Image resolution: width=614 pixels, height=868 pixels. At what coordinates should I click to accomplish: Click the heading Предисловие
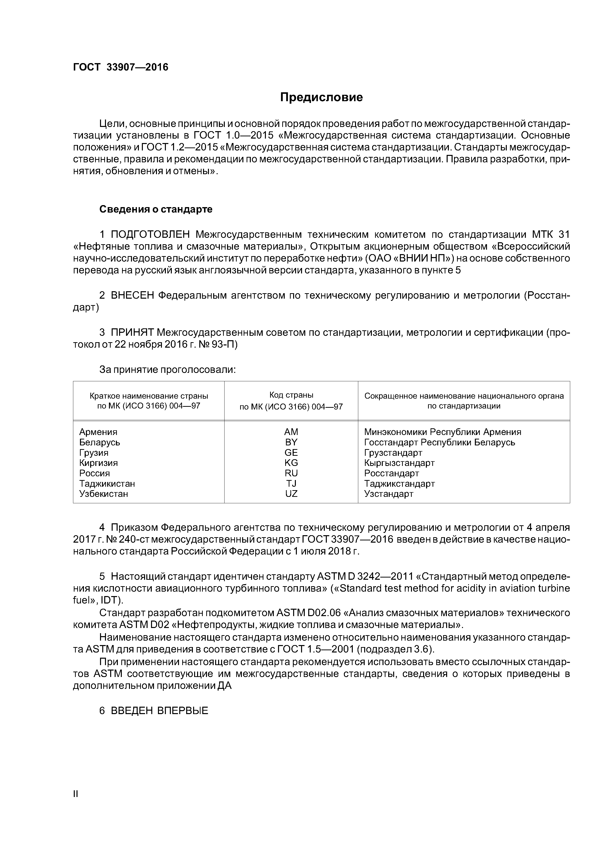click(321, 97)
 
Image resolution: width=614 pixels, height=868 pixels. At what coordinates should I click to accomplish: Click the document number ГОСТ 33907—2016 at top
click(120, 67)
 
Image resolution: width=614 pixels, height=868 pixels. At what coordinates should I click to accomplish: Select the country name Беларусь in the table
click(100, 442)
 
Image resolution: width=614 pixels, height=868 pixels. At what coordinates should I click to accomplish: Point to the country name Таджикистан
click(107, 483)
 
